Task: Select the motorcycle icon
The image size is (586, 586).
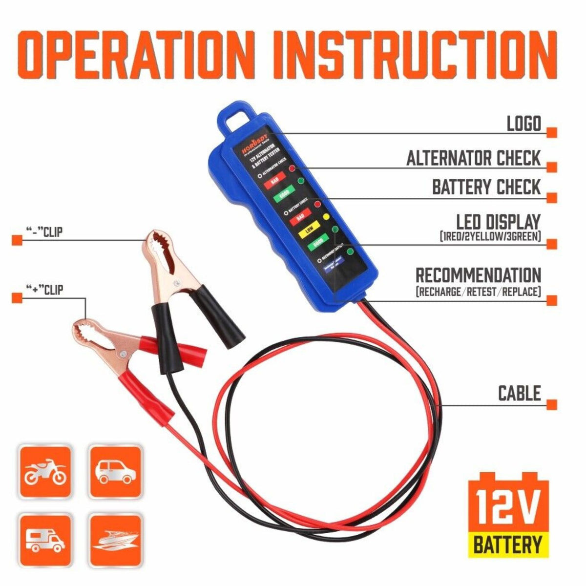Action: click(x=45, y=472)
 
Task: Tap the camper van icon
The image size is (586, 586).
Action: click(x=45, y=539)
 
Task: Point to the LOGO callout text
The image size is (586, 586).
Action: click(x=524, y=124)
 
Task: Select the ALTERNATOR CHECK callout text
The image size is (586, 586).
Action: click(x=474, y=158)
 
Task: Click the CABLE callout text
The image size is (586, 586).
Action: click(x=519, y=393)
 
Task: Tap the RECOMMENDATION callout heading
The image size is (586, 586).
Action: click(x=478, y=275)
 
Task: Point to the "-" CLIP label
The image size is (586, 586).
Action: click(x=44, y=232)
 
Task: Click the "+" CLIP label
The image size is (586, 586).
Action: click(x=44, y=290)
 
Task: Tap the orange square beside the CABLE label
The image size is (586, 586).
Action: click(x=552, y=405)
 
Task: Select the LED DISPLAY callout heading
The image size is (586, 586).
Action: click(x=499, y=222)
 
